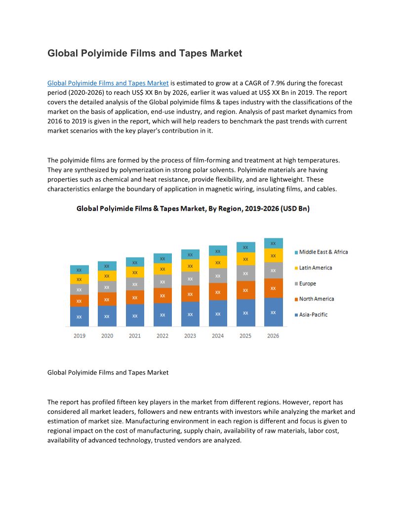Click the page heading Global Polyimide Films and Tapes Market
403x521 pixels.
[x=145, y=53]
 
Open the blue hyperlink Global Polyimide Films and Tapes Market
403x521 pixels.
[x=108, y=83]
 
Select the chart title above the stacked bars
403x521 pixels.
[x=193, y=209]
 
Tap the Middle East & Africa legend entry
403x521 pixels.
[x=323, y=252]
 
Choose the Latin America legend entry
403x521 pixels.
[x=315, y=267]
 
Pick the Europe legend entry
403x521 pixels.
[x=307, y=283]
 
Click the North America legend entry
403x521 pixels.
[x=316, y=298]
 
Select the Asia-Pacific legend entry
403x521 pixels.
[x=313, y=314]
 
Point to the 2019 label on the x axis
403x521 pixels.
[x=80, y=335]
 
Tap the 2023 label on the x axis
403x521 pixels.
[x=190, y=335]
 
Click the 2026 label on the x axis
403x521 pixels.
[x=273, y=335]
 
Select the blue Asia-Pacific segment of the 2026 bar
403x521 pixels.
[x=273, y=312]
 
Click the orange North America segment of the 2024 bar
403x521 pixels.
[x=218, y=292]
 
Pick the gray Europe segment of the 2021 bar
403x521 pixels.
[x=135, y=284]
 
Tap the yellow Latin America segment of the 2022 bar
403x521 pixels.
[x=162, y=269]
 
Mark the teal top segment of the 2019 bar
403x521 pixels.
[x=79, y=270]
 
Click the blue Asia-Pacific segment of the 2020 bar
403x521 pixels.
[x=107, y=316]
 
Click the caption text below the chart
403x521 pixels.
[x=108, y=372]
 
